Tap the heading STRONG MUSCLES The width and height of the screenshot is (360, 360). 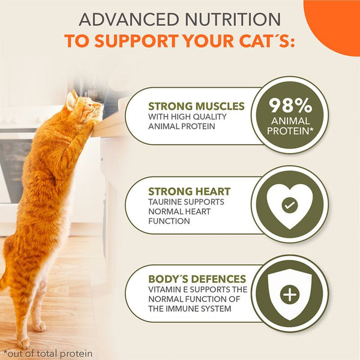(x=196, y=106)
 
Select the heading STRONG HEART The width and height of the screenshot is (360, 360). (x=189, y=191)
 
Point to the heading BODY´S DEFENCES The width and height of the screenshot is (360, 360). (x=197, y=278)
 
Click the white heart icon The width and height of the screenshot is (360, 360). (x=289, y=205)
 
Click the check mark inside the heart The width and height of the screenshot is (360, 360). (x=289, y=206)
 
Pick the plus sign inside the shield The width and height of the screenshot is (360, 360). (x=289, y=295)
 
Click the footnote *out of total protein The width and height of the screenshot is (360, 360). (x=47, y=352)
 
